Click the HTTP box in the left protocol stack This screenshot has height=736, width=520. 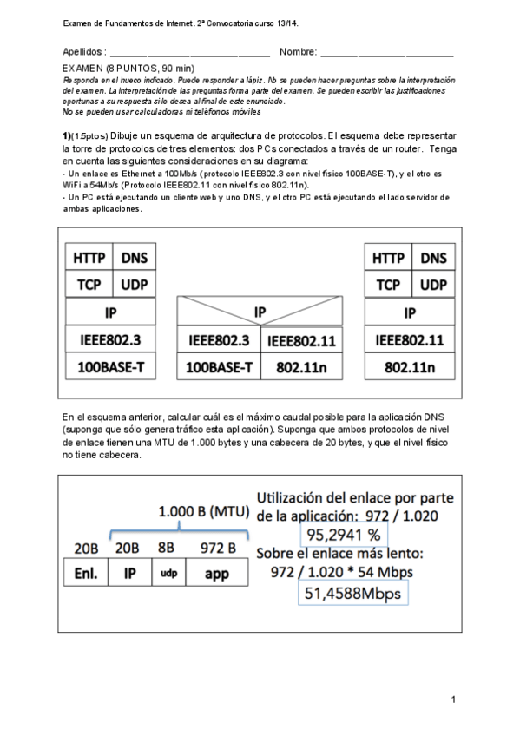click(89, 258)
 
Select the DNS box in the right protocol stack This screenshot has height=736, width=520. click(433, 258)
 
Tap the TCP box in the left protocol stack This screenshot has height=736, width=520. click(89, 284)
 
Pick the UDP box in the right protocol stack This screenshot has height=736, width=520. click(433, 284)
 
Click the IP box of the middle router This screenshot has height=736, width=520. click(260, 312)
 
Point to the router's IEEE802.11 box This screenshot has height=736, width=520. click(301, 340)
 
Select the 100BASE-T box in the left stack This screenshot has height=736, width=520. click(110, 366)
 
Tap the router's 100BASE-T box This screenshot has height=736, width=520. click(218, 367)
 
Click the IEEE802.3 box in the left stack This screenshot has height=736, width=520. click(110, 339)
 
